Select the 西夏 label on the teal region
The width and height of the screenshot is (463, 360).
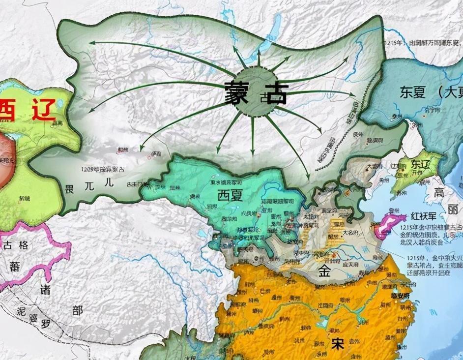[x=231, y=195]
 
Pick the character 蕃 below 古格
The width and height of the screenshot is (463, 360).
[x=14, y=266]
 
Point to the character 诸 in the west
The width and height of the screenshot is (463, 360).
[x=45, y=289]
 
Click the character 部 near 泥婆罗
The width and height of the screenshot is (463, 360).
[x=77, y=310]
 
